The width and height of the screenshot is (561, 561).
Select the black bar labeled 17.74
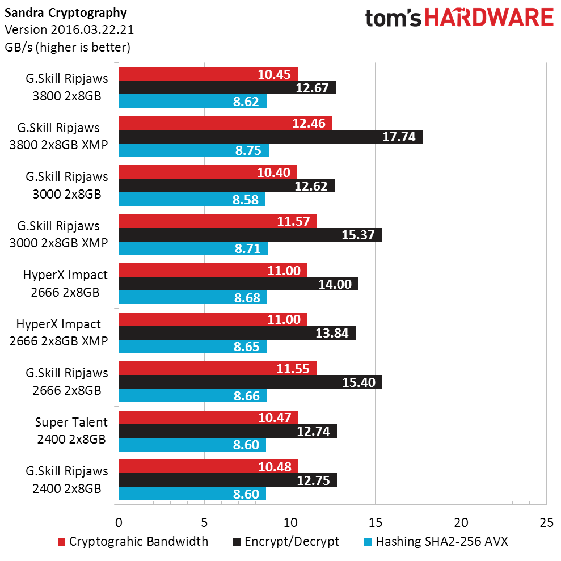click(x=271, y=137)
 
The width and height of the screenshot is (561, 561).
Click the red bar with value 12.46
click(x=225, y=123)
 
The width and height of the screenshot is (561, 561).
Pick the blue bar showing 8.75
click(x=193, y=150)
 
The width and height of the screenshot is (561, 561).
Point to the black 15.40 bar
click(x=250, y=382)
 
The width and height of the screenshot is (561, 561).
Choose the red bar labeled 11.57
click(x=218, y=221)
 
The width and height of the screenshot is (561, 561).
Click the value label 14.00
click(x=336, y=284)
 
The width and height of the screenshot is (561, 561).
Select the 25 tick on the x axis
click(x=546, y=522)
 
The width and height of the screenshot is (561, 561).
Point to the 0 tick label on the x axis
click(x=119, y=522)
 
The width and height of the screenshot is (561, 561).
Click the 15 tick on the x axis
click(x=375, y=522)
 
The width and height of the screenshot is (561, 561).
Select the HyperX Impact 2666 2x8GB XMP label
click(x=59, y=332)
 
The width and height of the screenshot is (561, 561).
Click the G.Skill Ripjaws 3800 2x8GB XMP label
click(x=59, y=136)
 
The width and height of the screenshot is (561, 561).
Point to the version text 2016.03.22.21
click(x=69, y=29)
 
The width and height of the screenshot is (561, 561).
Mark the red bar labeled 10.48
click(x=208, y=466)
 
